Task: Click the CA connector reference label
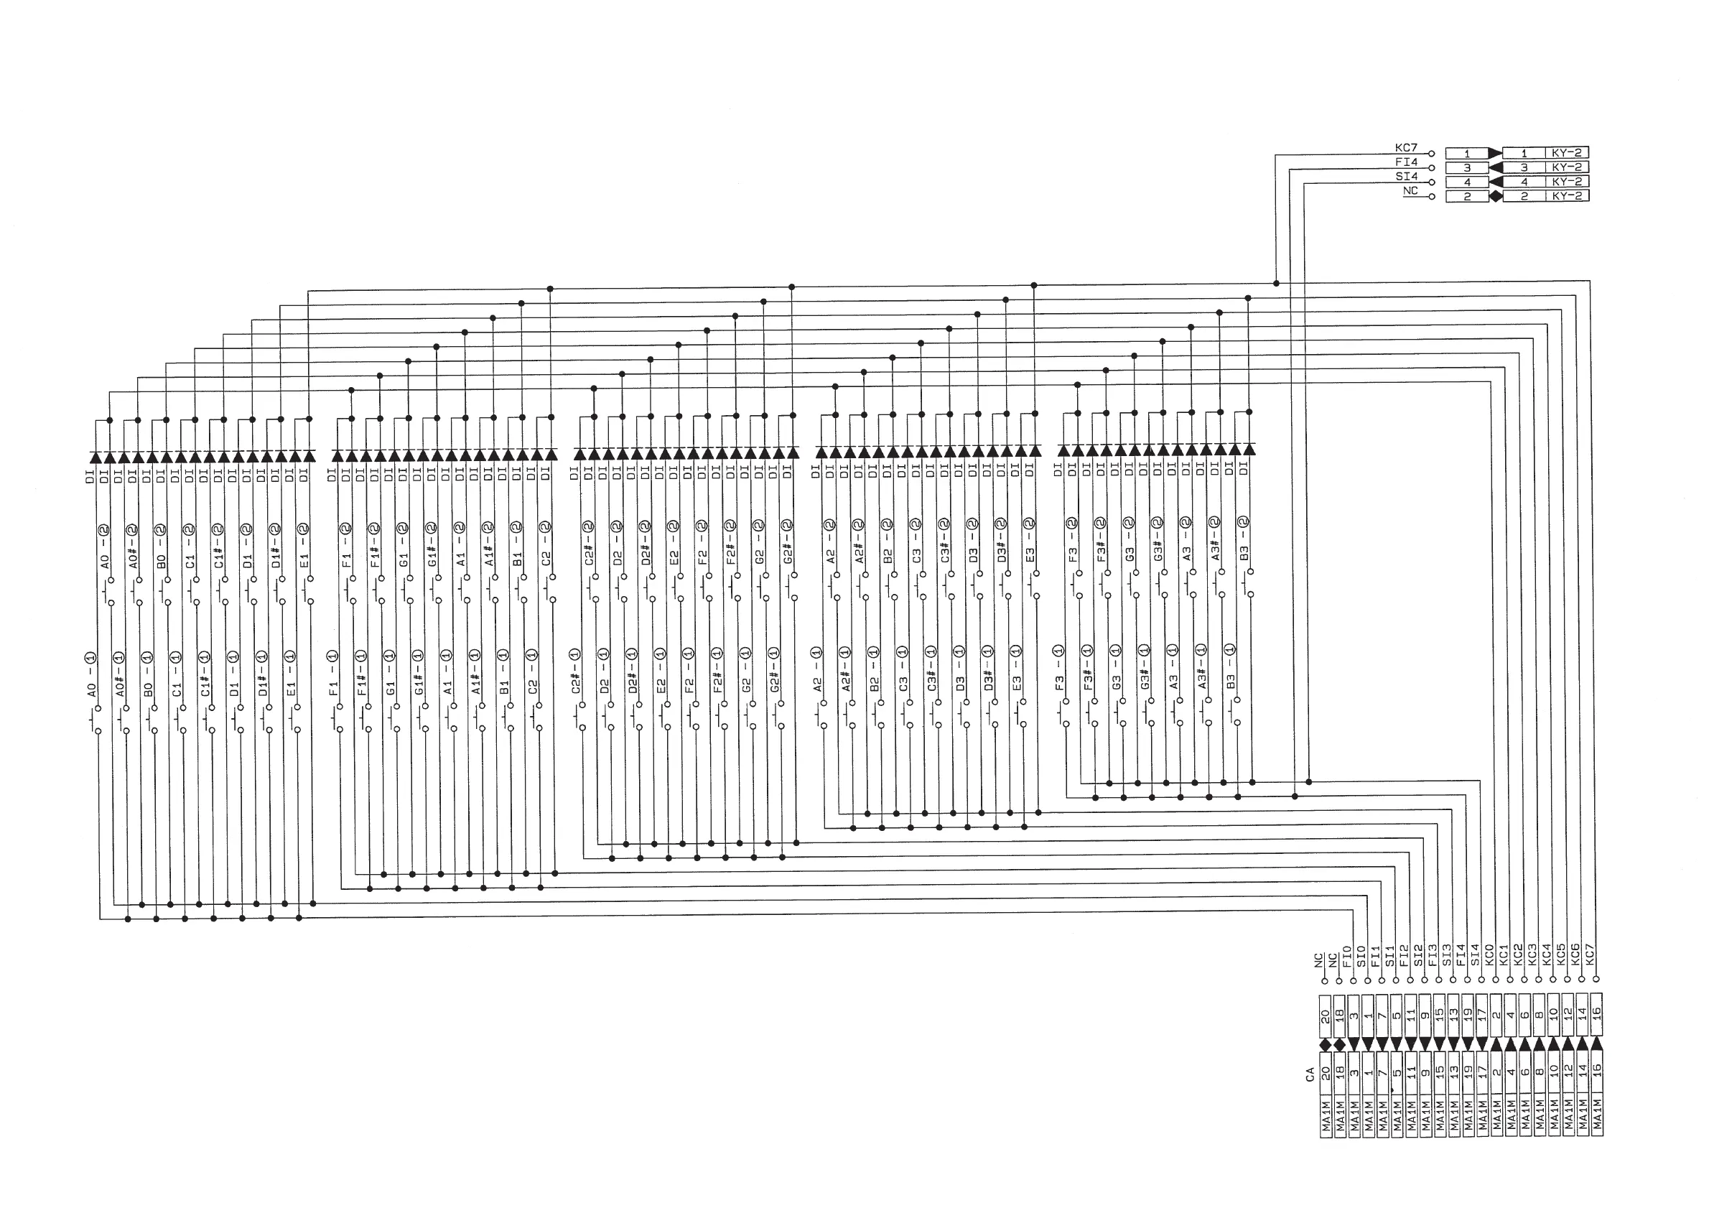click(1309, 1074)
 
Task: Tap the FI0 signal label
click(1346, 955)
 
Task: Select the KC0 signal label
click(1489, 955)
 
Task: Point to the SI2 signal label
click(1418, 955)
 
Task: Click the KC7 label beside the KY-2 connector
click(1406, 148)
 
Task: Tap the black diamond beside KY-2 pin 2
click(1495, 198)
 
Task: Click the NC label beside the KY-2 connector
click(1410, 190)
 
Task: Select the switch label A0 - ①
click(92, 675)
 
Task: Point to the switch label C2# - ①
click(575, 672)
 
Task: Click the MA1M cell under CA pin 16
click(1596, 1118)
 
